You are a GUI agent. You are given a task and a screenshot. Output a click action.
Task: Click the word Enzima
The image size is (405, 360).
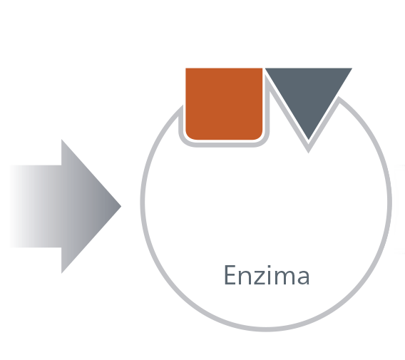[267, 275]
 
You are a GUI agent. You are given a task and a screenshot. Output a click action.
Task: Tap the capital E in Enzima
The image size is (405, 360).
[230, 275]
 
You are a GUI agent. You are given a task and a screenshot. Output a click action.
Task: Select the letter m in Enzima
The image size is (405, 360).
[284, 277]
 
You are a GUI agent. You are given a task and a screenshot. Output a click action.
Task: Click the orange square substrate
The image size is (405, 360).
[224, 104]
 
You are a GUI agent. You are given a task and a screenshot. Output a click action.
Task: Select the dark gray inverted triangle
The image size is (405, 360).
[309, 93]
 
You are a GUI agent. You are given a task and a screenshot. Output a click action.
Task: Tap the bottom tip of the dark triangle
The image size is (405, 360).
[309, 140]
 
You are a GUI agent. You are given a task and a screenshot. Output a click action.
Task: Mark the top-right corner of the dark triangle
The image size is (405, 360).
[352, 68]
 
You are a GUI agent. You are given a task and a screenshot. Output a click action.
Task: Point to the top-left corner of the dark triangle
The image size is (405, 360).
[265, 68]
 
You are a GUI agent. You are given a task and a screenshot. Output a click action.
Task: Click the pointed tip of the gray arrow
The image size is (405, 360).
[121, 206]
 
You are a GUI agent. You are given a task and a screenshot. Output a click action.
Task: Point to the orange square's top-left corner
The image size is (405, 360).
[186, 68]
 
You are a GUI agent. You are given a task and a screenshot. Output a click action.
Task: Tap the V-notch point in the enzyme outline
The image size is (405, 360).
[309, 151]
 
